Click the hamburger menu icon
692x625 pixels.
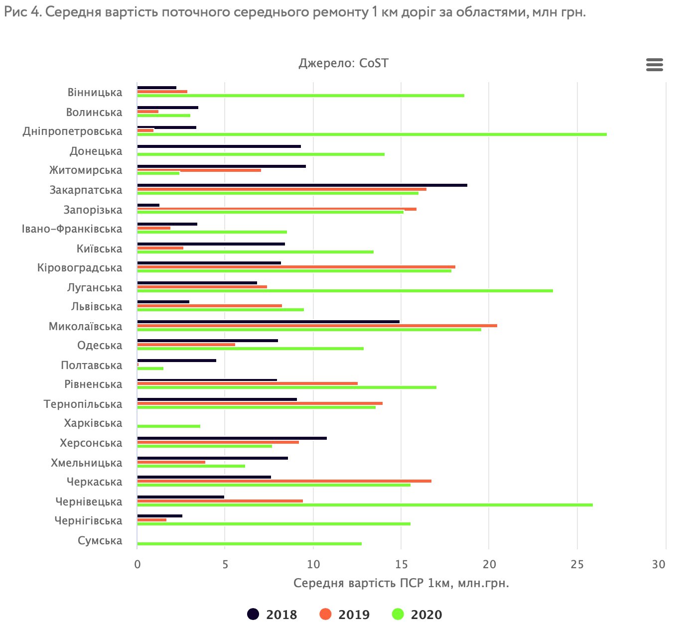point(654,65)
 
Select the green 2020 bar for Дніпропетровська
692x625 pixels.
point(372,134)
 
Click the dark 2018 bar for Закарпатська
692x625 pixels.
point(302,185)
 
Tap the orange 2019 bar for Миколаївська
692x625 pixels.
point(317,326)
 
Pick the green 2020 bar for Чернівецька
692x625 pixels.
point(365,505)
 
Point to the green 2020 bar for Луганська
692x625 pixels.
point(345,291)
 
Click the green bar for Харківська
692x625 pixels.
point(168,426)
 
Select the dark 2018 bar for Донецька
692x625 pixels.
point(219,146)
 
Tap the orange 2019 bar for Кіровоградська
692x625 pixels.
point(296,267)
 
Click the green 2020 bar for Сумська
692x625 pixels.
point(249,544)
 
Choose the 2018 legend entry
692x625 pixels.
point(273,615)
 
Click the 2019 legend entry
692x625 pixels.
point(345,615)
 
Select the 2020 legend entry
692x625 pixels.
point(417,615)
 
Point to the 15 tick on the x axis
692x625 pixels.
point(401,564)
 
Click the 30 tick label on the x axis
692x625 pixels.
point(659,564)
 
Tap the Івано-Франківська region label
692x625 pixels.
point(72,229)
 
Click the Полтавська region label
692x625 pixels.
point(91,366)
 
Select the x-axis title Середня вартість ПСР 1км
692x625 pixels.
point(401,583)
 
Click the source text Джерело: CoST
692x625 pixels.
point(343,64)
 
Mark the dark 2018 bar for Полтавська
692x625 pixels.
point(176,361)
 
